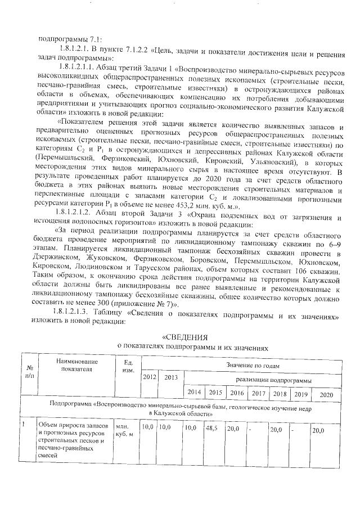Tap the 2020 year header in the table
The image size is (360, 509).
[327, 394]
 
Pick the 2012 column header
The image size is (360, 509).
[150, 376]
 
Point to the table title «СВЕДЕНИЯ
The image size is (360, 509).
[184, 337]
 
